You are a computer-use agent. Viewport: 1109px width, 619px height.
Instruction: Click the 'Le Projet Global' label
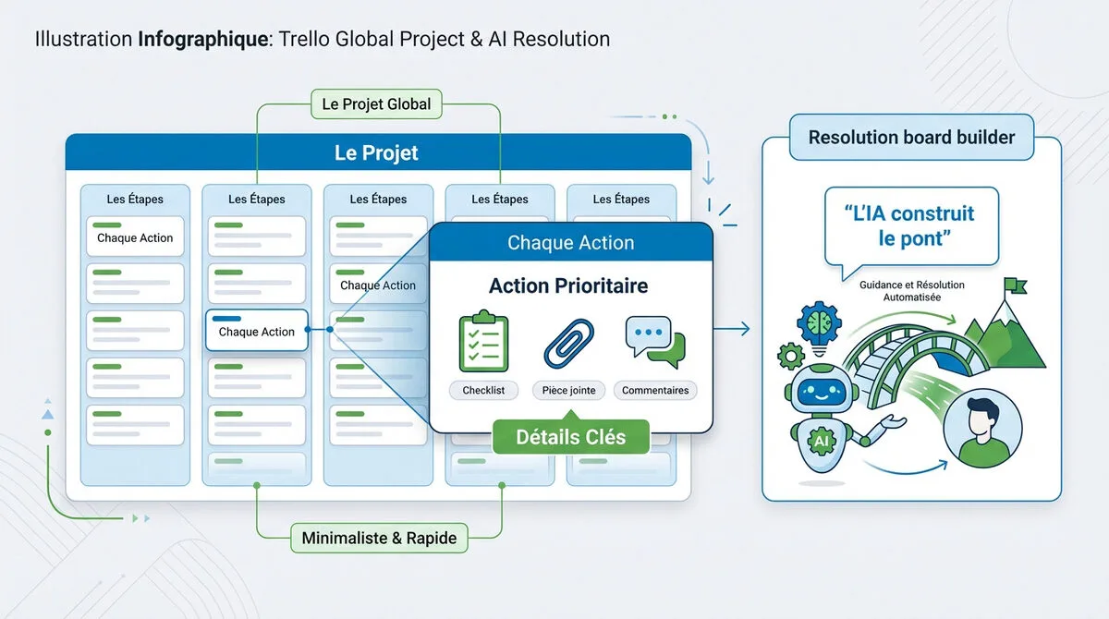coord(376,103)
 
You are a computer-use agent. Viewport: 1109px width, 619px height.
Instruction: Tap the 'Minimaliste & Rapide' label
coord(379,538)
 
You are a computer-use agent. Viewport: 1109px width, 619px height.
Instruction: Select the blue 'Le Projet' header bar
coord(377,152)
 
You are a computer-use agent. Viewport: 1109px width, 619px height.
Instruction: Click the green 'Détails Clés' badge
coord(570,437)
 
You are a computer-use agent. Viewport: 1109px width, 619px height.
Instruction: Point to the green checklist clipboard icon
coord(483,342)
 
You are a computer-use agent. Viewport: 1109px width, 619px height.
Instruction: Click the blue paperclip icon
coord(568,343)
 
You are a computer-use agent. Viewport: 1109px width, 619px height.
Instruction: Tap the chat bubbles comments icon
coord(654,342)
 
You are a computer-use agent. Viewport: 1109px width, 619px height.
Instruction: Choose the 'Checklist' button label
coord(483,391)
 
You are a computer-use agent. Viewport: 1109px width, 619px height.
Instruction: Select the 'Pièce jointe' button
coord(568,391)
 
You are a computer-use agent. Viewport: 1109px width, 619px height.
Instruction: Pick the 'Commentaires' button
coord(654,391)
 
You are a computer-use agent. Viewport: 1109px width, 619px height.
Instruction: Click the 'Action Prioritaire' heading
coord(568,286)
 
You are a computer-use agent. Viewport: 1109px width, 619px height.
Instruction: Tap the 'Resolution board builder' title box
coord(911,138)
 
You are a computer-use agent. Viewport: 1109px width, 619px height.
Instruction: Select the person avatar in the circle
coord(982,426)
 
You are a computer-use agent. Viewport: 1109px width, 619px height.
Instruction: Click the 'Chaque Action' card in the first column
coord(135,237)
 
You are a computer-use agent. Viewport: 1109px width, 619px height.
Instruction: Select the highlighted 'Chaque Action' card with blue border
coord(256,330)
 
